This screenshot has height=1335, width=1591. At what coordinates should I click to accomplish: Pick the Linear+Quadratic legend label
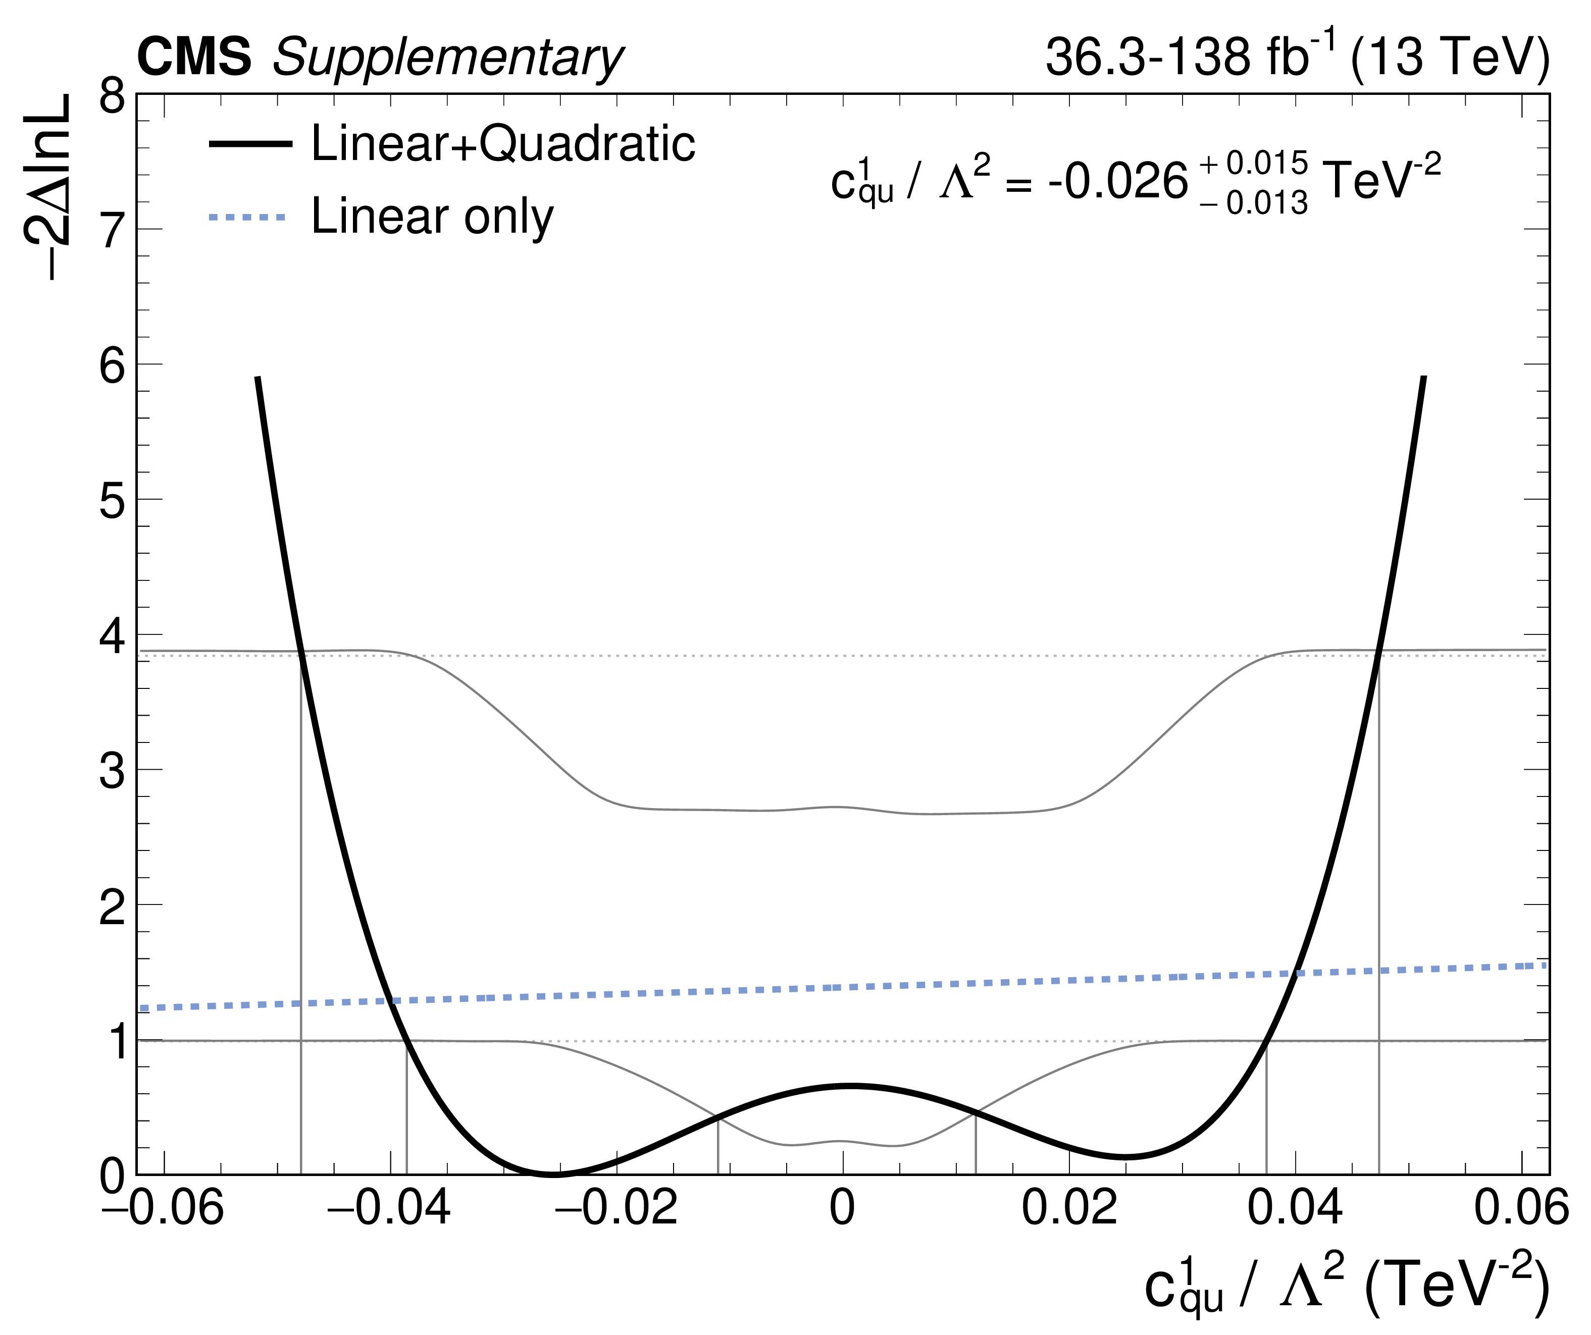[503, 143]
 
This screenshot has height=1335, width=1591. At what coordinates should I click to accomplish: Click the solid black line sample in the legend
[250, 143]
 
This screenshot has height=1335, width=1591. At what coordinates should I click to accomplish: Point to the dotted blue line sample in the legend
[248, 218]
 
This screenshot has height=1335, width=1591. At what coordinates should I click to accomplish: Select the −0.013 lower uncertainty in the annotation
[1254, 203]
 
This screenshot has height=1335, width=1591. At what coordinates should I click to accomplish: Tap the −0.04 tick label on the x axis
[389, 1208]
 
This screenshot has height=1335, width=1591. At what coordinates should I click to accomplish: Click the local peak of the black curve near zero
[850, 1085]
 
